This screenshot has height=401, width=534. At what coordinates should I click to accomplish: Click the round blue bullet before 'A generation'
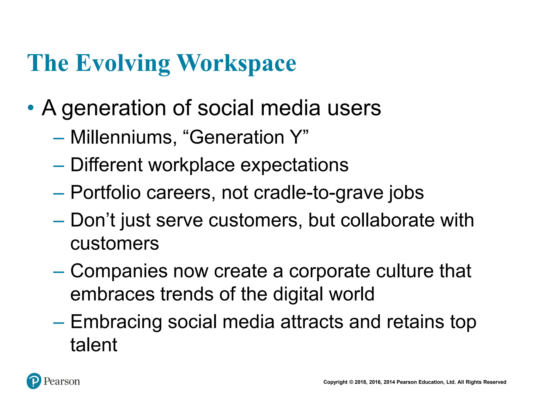(31, 108)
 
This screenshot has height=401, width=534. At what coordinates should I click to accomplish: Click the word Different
(106, 165)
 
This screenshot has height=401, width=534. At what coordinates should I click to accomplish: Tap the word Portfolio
(106, 193)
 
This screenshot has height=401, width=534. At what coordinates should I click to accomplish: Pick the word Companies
(119, 271)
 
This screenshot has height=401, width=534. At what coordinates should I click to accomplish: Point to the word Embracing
(116, 322)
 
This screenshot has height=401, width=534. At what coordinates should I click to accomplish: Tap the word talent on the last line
(94, 345)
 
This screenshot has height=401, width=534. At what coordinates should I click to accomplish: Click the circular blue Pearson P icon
(34, 381)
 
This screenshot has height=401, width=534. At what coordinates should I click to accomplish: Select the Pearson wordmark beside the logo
(62, 381)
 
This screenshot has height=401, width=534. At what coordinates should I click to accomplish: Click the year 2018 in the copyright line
(360, 382)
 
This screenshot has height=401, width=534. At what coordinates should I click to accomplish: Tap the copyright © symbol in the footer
(351, 382)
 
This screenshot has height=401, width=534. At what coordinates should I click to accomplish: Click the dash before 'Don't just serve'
(58, 221)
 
